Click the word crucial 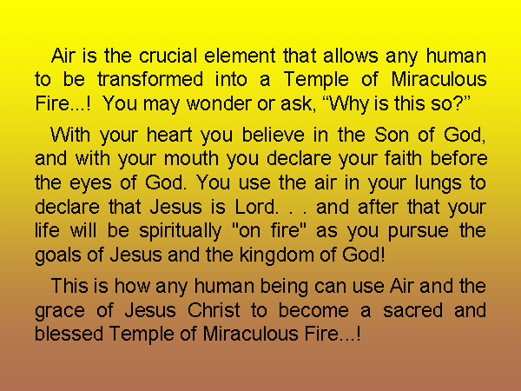click(x=168, y=56)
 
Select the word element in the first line click(x=240, y=56)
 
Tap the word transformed click(x=150, y=79)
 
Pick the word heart click(x=169, y=135)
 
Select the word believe click(x=274, y=135)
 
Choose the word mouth click(x=191, y=159)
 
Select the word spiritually click(x=180, y=232)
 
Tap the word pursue click(x=419, y=232)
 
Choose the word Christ click(x=214, y=310)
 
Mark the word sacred click(x=412, y=310)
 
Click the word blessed click(x=69, y=334)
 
